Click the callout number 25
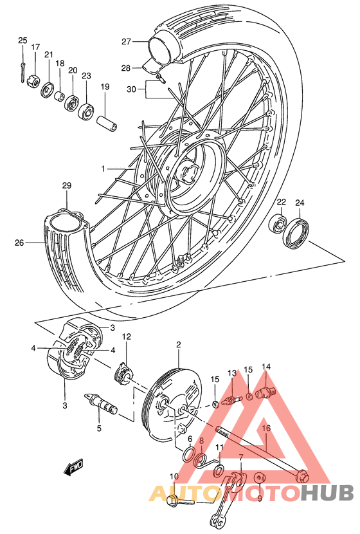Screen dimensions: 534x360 coord(22,41)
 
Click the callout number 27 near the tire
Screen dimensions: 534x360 coord(127,42)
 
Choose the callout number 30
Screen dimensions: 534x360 coord(132,90)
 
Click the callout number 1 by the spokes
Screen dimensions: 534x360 coord(102,169)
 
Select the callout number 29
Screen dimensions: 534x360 coord(66,186)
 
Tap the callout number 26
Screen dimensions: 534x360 coord(19,243)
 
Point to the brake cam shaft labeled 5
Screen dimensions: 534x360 coord(101,404)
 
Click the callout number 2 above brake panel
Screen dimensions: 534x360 coord(178,344)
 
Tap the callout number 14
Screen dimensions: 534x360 coord(266,367)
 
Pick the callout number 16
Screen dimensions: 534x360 coord(266,427)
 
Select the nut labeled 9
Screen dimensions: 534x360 coord(260,479)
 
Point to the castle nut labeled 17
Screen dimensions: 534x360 coord(33,82)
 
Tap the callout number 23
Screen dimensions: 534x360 coord(86,75)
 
